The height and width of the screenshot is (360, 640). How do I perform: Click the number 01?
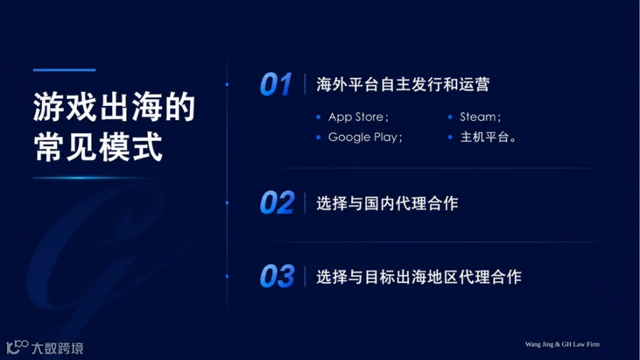click(276, 85)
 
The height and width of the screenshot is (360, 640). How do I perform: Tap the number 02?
click(277, 203)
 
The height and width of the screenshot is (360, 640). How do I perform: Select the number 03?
click(277, 276)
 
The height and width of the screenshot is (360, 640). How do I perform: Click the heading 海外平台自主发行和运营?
click(403, 85)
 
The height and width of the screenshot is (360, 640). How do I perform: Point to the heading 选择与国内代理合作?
click(388, 203)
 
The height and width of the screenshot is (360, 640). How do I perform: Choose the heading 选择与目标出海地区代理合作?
click(419, 277)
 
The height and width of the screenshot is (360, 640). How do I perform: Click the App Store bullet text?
click(358, 117)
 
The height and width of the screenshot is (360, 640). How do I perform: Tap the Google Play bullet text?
click(366, 137)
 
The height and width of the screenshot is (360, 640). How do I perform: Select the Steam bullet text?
click(480, 117)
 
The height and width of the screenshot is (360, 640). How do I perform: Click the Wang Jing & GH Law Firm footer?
click(562, 344)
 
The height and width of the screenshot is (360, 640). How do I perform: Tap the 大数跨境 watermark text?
click(58, 348)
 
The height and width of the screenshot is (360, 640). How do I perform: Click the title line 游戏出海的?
click(114, 107)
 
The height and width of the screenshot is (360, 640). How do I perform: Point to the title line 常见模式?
click(98, 147)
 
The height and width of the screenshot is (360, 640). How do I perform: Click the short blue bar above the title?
click(65, 70)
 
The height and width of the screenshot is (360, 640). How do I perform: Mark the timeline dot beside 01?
click(227, 85)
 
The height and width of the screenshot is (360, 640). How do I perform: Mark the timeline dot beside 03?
click(227, 276)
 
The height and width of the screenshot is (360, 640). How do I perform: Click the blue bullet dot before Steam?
click(450, 117)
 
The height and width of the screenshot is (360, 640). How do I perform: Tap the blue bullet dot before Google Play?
click(319, 137)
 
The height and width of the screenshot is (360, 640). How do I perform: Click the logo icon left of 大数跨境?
click(17, 347)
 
